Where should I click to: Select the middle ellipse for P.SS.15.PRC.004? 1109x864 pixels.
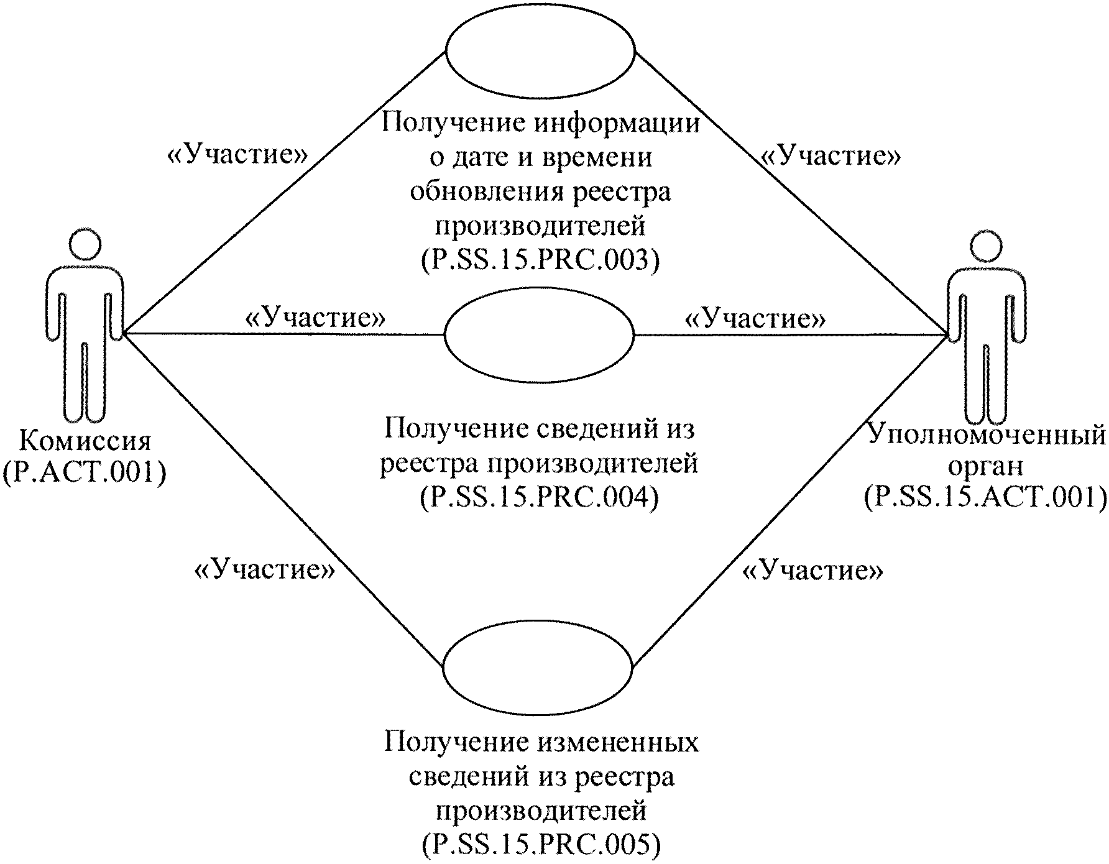pyautogui.click(x=539, y=334)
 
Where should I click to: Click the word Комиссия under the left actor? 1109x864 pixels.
pyautogui.click(x=85, y=441)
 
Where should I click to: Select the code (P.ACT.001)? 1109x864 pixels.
pyautogui.click(x=85, y=472)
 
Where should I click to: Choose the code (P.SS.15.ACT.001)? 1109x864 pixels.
pyautogui.click(x=985, y=497)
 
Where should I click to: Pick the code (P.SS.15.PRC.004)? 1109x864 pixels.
pyautogui.click(x=539, y=497)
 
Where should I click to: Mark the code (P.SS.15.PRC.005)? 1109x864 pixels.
pyautogui.click(x=540, y=844)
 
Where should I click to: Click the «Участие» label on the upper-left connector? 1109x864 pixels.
pyautogui.click(x=237, y=155)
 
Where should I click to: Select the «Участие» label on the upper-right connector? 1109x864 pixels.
pyautogui.click(x=832, y=156)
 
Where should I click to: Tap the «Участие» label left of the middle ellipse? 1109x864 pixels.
pyautogui.click(x=316, y=318)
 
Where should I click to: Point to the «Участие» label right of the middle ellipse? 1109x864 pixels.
pyautogui.click(x=755, y=319)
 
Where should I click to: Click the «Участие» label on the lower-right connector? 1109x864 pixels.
pyautogui.click(x=813, y=569)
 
